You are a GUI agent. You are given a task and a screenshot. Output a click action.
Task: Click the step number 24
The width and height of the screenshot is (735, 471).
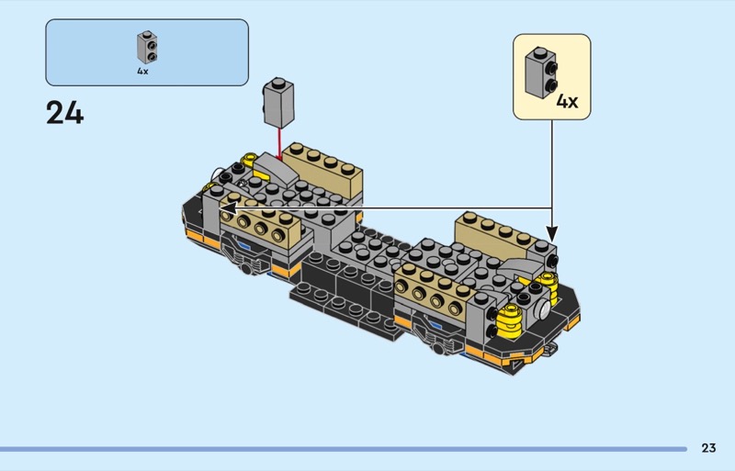pos(64,114)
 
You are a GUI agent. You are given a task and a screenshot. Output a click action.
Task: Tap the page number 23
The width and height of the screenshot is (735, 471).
pos(708,448)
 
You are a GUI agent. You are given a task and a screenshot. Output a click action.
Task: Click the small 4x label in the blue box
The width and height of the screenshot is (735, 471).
pos(142,72)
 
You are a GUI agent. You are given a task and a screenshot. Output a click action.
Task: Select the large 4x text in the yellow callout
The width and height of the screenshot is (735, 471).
pos(567,101)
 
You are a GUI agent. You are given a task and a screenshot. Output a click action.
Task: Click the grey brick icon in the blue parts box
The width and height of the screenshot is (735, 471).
pos(147,48)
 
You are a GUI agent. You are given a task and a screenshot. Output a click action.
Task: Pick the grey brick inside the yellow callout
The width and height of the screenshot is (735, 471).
pos(541,73)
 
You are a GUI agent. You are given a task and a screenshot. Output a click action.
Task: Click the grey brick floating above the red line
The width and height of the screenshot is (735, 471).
pos(278,103)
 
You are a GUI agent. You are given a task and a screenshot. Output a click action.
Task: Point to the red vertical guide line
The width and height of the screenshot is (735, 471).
pos(279,144)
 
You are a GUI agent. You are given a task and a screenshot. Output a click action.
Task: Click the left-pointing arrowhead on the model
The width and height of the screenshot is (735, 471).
pos(229,208)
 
